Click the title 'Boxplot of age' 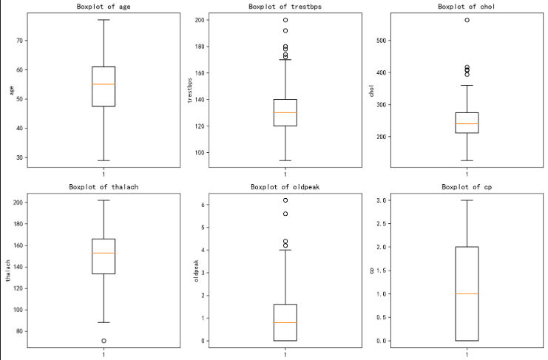point(104,7)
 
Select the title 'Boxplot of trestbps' point(285,7)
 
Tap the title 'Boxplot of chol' point(467,7)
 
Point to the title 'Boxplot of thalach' point(104,187)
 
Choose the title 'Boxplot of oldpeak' point(285,187)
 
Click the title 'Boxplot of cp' point(467,187)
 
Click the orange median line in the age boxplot point(104,84)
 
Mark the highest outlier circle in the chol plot point(467,20)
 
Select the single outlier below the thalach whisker point(104,341)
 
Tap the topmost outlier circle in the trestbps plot point(285,20)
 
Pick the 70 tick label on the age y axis point(18,41)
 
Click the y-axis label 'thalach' point(8,271)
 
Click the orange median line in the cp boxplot point(467,294)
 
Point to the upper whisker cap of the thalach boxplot point(104,200)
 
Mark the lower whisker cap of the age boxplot point(104,160)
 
